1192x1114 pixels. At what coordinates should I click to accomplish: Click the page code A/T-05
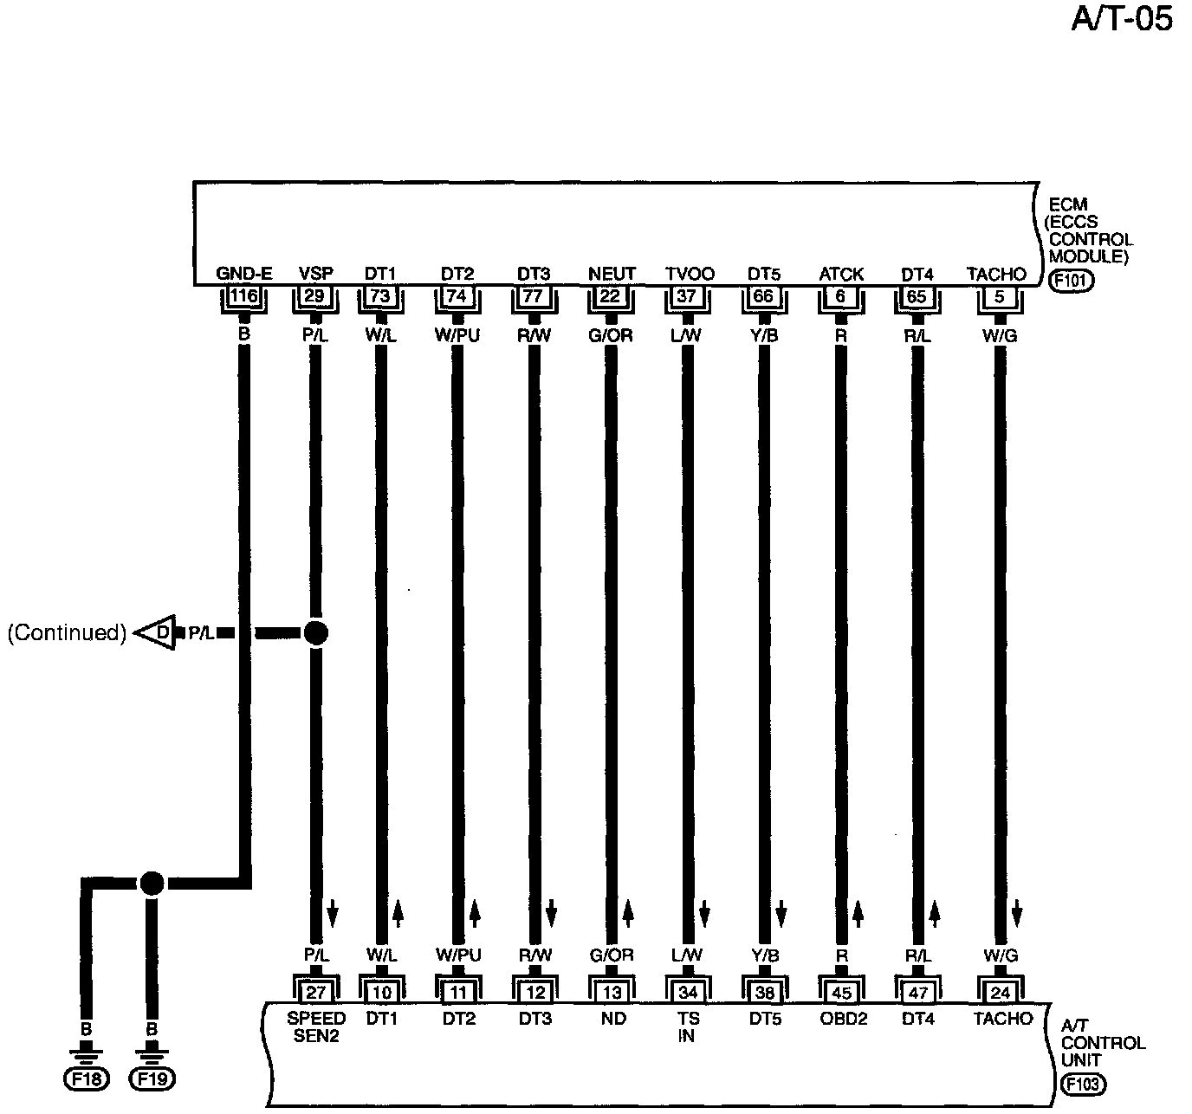[1122, 19]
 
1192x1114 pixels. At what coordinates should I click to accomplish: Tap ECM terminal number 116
[244, 296]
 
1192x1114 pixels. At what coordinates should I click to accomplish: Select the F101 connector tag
[1071, 281]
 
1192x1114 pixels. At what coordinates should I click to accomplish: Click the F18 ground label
[85, 1079]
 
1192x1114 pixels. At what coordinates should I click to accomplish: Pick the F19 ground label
[152, 1079]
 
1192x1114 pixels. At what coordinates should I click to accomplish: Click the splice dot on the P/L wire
[316, 633]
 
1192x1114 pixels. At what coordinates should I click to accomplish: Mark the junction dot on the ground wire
[152, 884]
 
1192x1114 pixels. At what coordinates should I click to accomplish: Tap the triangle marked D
[157, 633]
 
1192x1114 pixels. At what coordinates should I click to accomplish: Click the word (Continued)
[67, 633]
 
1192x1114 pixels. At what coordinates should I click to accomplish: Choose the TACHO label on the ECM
[997, 275]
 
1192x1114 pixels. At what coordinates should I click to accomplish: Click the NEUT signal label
[612, 275]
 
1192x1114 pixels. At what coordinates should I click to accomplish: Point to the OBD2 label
[844, 1020]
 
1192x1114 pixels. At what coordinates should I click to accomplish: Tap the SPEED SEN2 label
[316, 1027]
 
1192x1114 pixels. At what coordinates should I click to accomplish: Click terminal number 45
[841, 993]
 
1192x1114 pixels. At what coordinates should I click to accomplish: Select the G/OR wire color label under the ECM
[612, 336]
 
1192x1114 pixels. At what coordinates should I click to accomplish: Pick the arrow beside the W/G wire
[1018, 912]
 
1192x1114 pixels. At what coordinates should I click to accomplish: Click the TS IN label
[687, 1027]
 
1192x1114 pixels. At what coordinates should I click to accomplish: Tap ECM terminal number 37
[687, 296]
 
